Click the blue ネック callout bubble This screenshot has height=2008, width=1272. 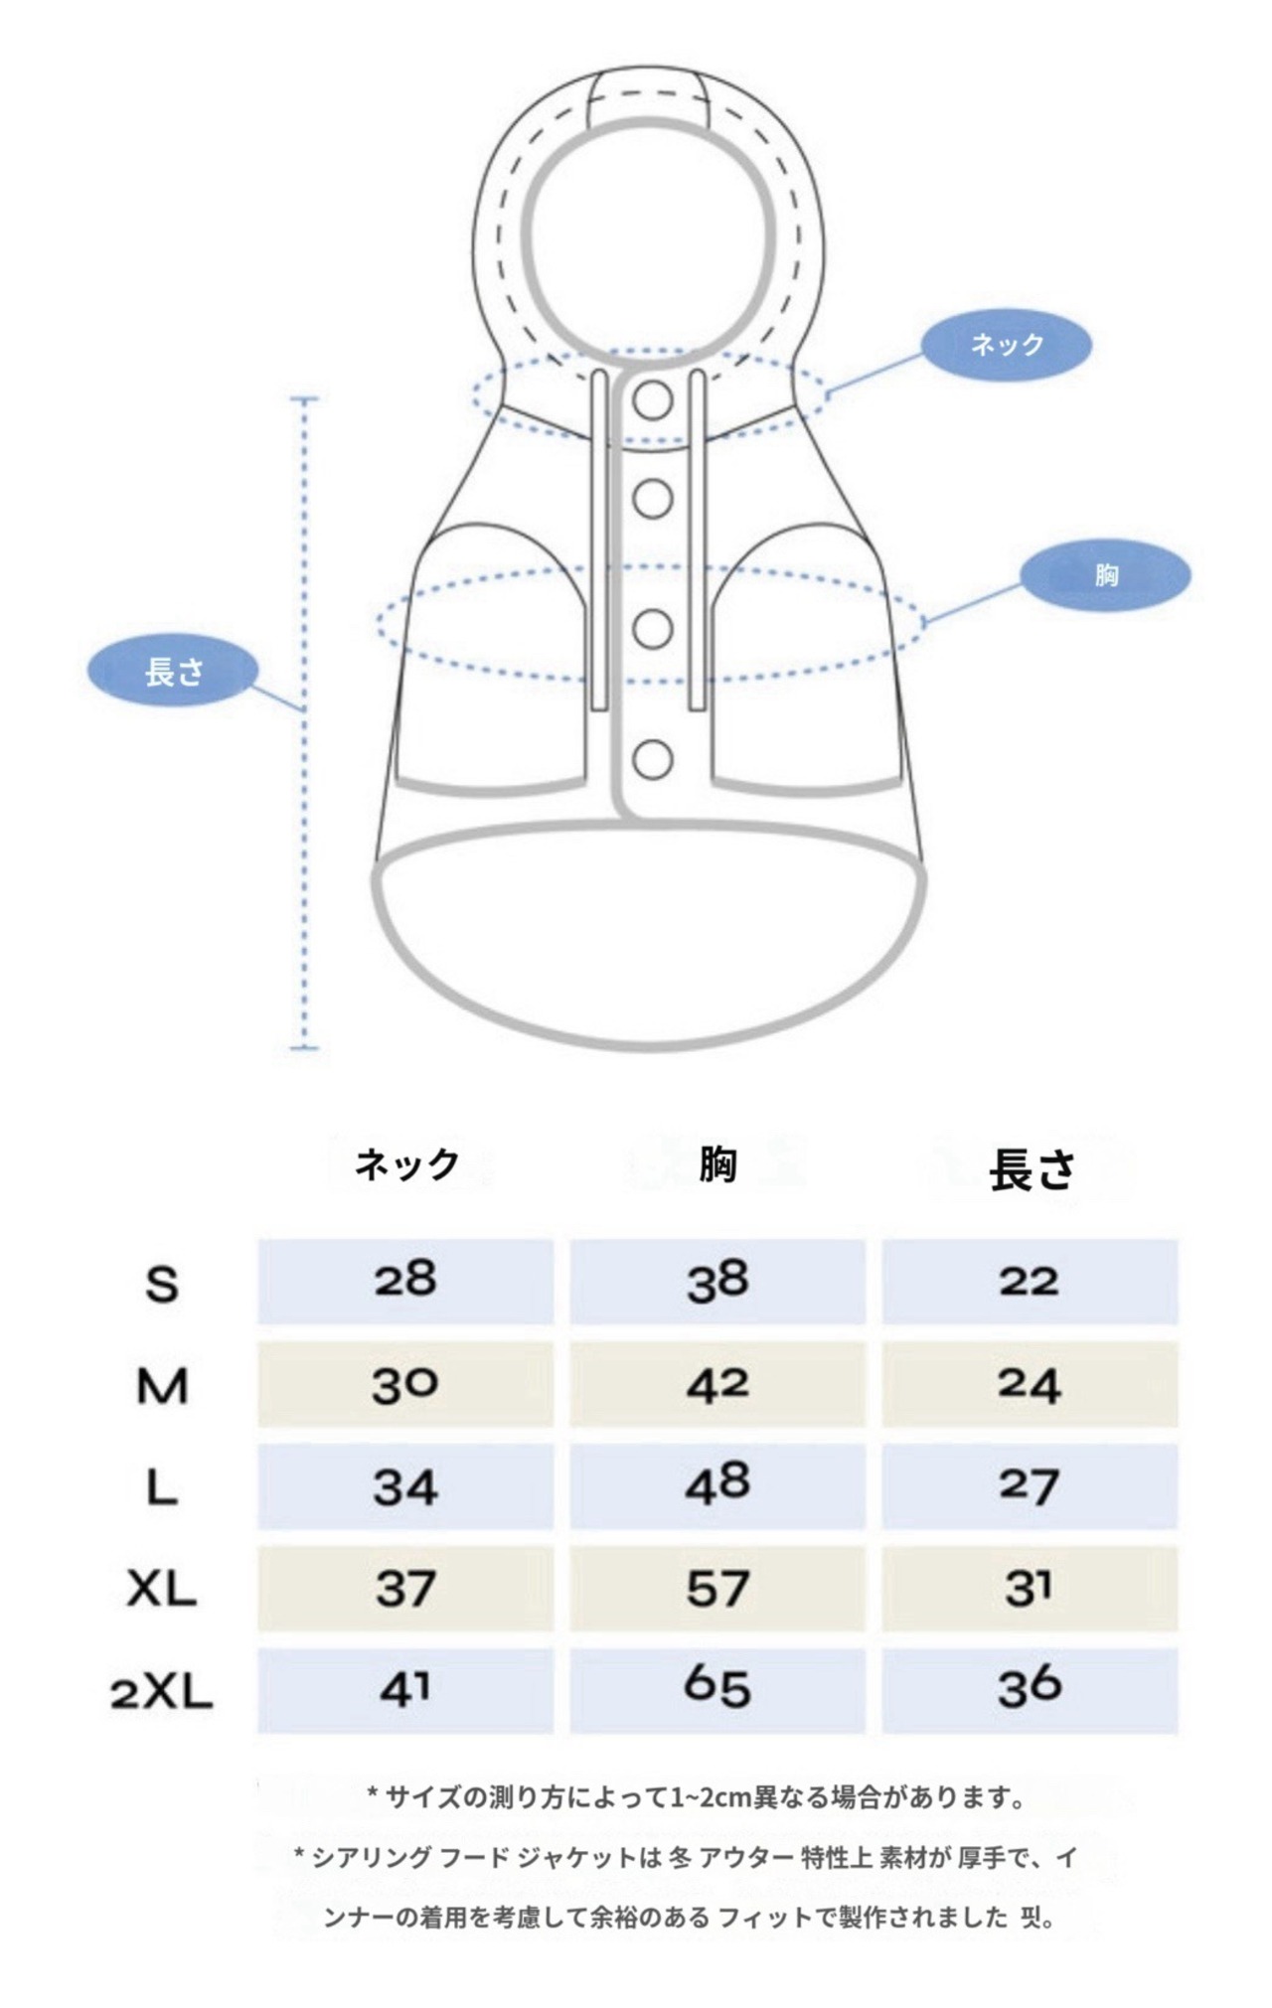(x=1007, y=345)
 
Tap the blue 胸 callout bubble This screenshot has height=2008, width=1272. (x=1105, y=575)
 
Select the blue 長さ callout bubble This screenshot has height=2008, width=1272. (x=174, y=673)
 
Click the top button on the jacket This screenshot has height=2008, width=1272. (x=653, y=400)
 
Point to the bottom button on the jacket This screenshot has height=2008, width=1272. (x=653, y=760)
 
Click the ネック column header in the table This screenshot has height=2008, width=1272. (x=407, y=1163)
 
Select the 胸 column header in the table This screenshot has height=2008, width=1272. (x=717, y=1163)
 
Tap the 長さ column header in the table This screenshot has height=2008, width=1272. (x=1032, y=1169)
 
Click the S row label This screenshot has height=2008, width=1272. (x=162, y=1285)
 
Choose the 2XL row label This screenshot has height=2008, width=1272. (x=162, y=1692)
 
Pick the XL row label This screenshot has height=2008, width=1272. (x=162, y=1590)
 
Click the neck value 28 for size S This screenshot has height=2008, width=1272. (x=405, y=1280)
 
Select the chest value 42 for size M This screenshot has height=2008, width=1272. (x=717, y=1384)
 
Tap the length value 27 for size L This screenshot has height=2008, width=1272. (x=1030, y=1486)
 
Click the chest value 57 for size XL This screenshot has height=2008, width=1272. (x=717, y=1588)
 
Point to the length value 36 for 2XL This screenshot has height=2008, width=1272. (x=1030, y=1688)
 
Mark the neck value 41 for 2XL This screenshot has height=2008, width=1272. (x=405, y=1690)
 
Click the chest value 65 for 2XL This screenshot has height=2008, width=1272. (x=717, y=1688)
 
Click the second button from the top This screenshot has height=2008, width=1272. (x=653, y=499)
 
